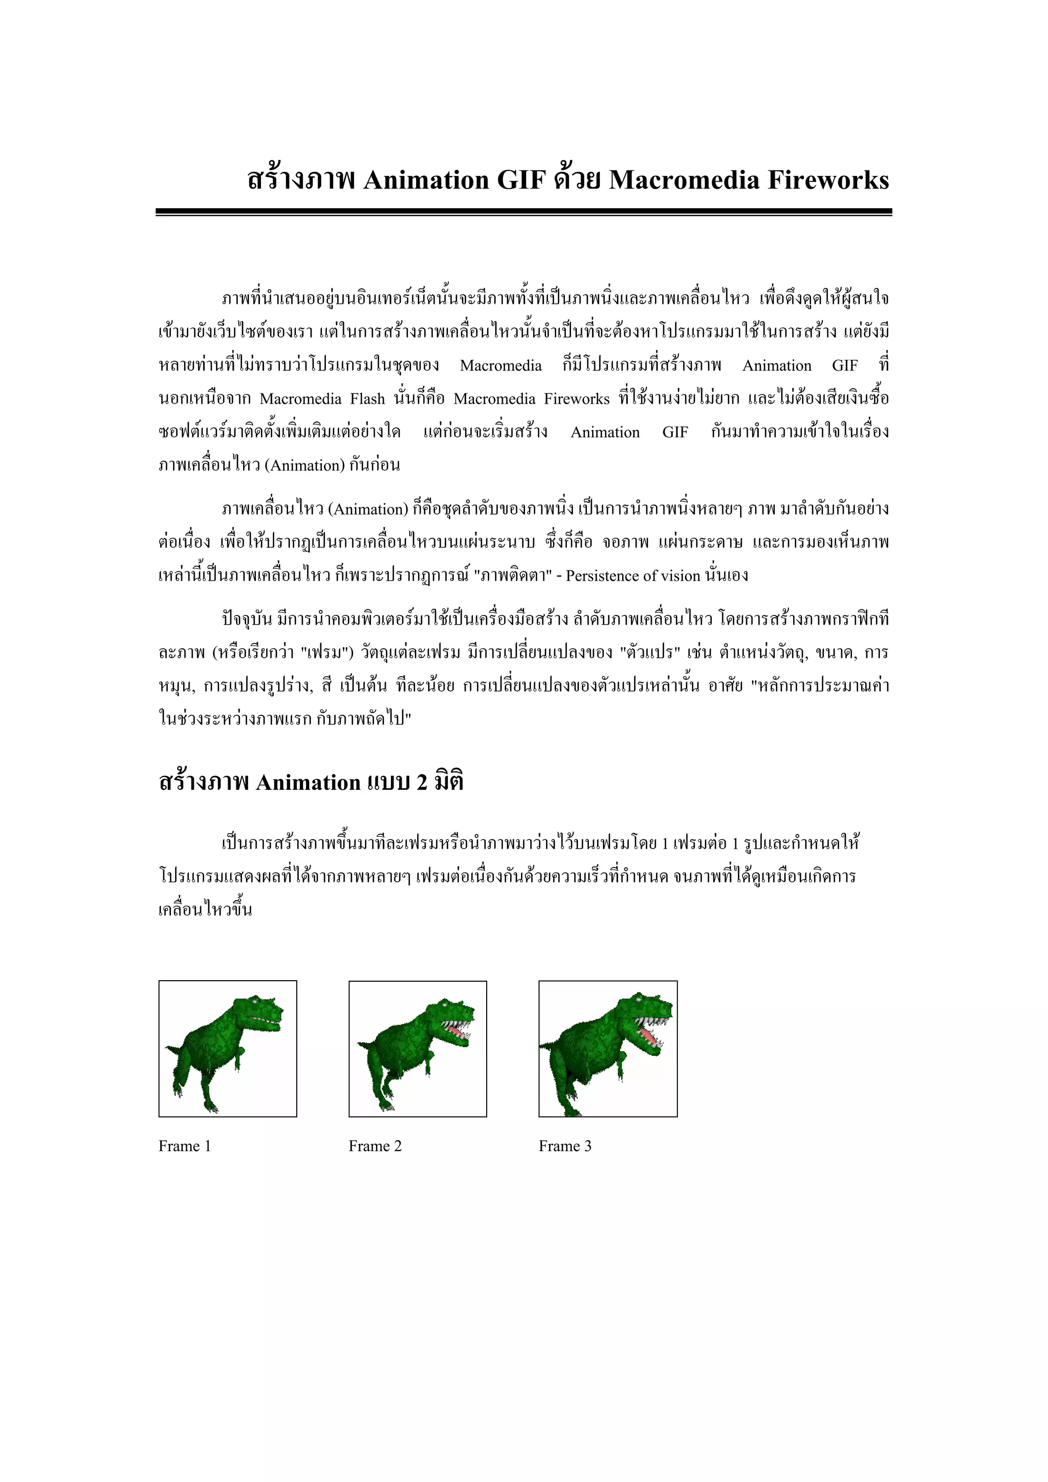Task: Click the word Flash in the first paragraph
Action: [367, 399]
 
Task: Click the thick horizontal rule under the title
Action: [523, 212]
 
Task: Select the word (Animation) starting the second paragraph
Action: [368, 510]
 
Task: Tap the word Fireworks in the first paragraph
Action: [576, 399]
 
